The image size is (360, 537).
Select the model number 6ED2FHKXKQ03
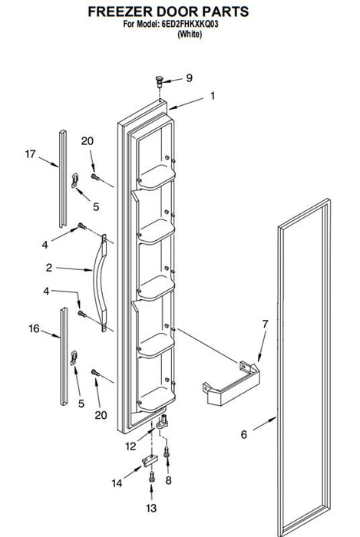tap(190, 25)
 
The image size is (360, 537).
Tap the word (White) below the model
tap(190, 34)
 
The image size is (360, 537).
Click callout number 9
tap(189, 78)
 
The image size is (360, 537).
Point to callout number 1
tap(213, 96)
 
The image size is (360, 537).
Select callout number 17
tap(30, 154)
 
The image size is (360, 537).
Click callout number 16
tap(35, 329)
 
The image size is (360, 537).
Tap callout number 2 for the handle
tap(49, 268)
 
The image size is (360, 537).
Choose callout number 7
tap(265, 324)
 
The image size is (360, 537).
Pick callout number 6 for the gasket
tap(243, 435)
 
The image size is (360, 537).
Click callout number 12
tap(130, 446)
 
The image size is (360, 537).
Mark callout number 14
tap(117, 483)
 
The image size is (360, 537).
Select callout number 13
tap(151, 508)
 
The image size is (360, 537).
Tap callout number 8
tap(168, 480)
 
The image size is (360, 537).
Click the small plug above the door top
tap(159, 81)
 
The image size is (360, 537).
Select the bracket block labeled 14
tap(150, 460)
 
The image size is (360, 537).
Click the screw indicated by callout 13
tap(151, 476)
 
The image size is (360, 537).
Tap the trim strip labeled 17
tap(63, 179)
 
